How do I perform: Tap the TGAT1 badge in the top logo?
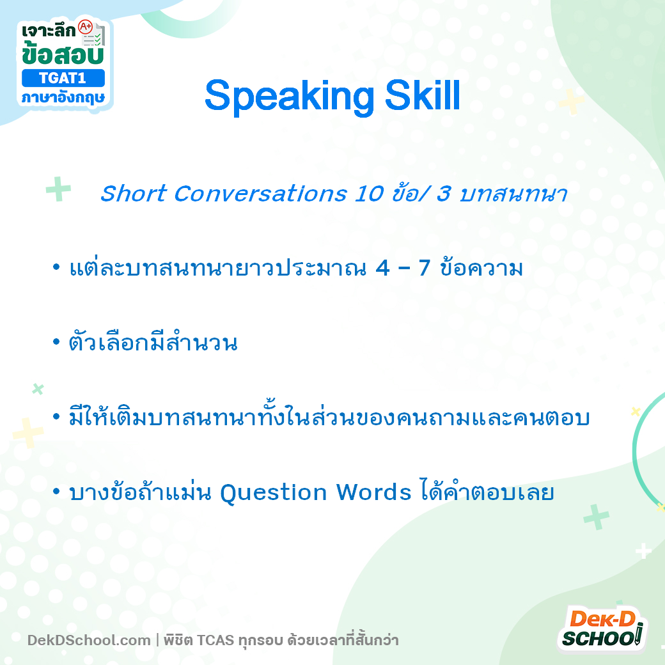(62, 78)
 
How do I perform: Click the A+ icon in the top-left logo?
(85, 27)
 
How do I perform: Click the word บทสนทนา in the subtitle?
(513, 194)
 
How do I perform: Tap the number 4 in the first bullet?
(383, 269)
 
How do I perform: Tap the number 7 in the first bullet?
(425, 269)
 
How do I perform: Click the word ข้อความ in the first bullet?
(481, 269)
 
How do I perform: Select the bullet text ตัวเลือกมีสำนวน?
(153, 343)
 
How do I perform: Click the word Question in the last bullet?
(274, 493)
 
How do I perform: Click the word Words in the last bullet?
(373, 492)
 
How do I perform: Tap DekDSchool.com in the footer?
(89, 640)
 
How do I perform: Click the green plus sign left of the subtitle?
(58, 189)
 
